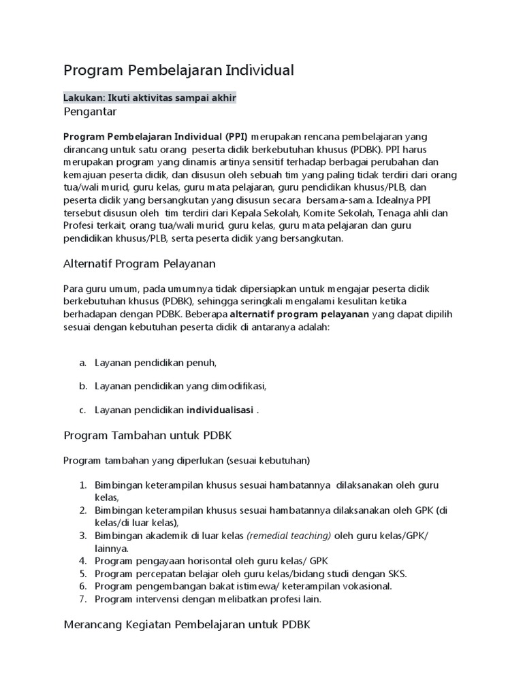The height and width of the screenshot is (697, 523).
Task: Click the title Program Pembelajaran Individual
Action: point(178,70)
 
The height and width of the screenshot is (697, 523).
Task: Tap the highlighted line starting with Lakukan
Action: point(150,98)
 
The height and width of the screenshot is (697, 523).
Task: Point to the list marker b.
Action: point(82,386)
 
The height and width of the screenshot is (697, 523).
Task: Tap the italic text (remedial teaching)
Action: point(289,536)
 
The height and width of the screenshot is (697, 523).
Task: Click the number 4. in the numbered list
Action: point(82,561)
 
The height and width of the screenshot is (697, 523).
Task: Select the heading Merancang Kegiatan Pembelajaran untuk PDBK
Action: point(187,624)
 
